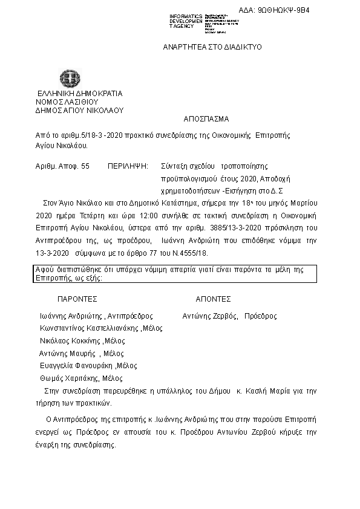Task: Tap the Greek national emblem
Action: tap(67, 78)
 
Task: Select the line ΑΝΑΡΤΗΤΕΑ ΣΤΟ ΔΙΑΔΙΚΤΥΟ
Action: tap(212, 47)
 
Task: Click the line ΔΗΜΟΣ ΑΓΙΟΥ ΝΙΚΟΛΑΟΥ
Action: tap(79, 111)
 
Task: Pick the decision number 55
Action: tap(85, 165)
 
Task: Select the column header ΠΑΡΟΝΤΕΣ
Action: tap(77, 299)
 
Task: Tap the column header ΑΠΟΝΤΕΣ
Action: tap(213, 299)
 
